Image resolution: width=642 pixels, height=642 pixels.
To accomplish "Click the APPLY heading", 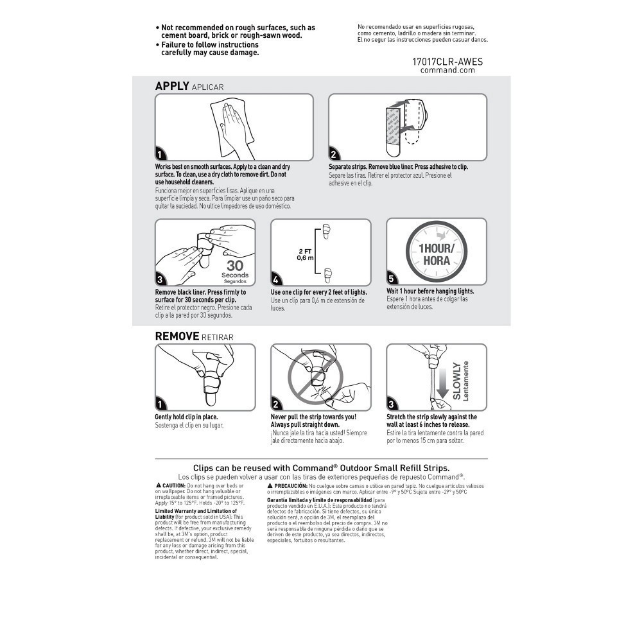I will point(172,86).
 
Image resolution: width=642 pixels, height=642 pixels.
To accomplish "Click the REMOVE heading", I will point(177,336).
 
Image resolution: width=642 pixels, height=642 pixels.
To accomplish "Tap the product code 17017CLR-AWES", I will point(447,62).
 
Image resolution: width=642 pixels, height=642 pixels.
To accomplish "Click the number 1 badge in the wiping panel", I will point(160,154).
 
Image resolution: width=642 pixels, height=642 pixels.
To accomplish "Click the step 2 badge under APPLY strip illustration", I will point(334,154).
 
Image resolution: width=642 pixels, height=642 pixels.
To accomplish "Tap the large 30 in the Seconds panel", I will point(236,266).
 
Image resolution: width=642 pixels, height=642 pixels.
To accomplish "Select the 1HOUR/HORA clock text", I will point(436,254).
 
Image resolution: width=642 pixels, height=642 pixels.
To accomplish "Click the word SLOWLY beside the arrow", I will point(456,382).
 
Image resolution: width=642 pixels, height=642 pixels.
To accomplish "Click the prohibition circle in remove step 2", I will point(315,376).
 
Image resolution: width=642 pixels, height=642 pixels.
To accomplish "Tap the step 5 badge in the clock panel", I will point(392,279).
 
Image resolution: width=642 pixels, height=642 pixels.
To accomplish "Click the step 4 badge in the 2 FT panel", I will point(276,279).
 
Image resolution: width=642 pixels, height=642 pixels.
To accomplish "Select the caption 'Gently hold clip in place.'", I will point(186,417).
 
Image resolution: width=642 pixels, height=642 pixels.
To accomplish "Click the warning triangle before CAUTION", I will point(158,485).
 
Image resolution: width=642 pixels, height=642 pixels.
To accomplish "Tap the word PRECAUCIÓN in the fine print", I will point(291,486).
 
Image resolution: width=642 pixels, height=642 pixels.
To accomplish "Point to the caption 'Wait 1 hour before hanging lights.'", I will point(430,291).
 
